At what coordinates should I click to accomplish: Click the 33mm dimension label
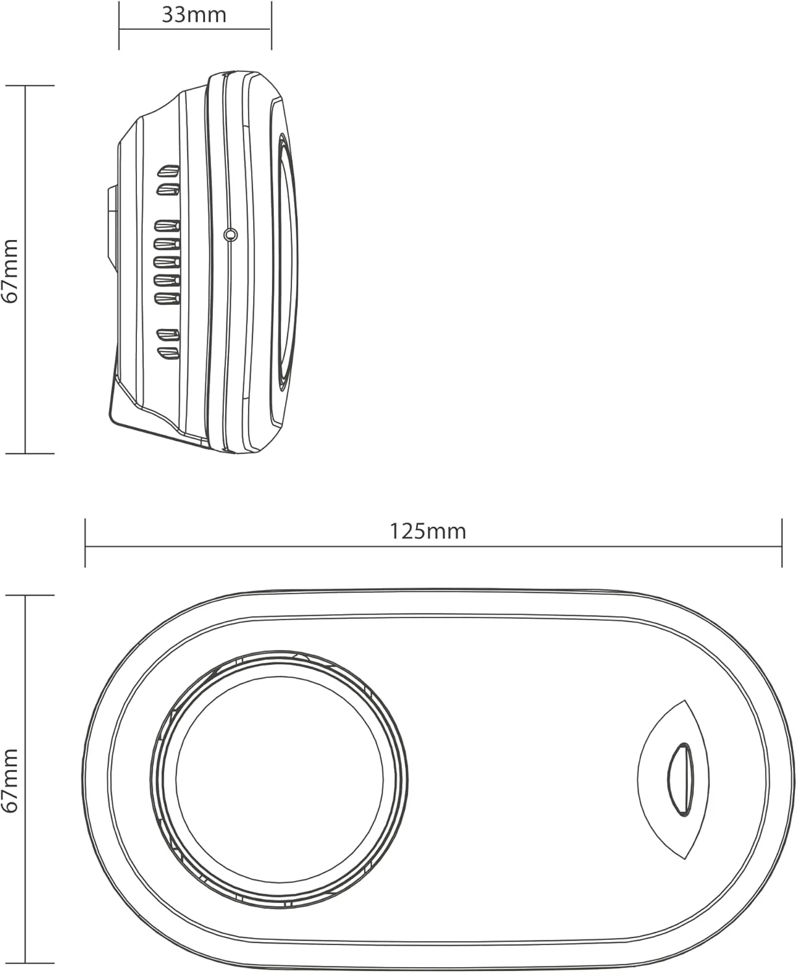pyautogui.click(x=194, y=15)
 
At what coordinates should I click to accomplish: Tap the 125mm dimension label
pyautogui.click(x=428, y=531)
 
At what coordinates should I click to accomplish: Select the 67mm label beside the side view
pyautogui.click(x=10, y=270)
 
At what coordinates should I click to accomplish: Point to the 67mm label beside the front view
pyautogui.click(x=10, y=780)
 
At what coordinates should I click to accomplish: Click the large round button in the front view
pyautogui.click(x=279, y=780)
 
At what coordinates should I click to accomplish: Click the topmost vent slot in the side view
pyautogui.click(x=169, y=171)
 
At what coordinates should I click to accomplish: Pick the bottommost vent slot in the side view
pyautogui.click(x=169, y=354)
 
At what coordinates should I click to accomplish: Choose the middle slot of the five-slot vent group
pyautogui.click(x=167, y=263)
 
